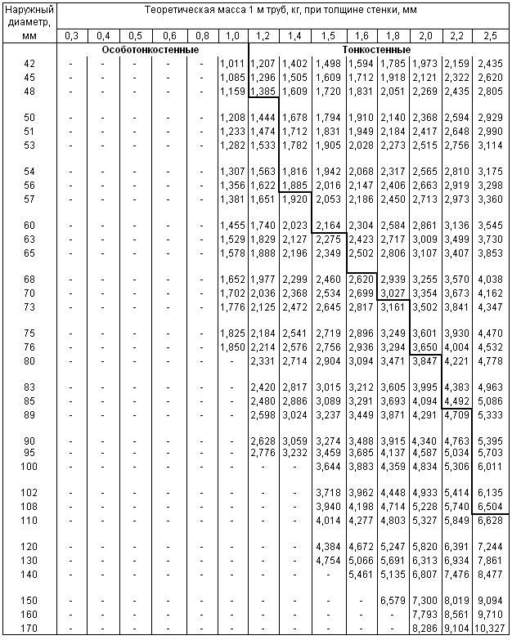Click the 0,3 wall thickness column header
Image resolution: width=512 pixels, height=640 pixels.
coord(72,36)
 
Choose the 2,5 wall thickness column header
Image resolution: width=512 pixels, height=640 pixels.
coord(491,36)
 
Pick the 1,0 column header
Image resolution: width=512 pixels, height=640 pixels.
coord(233,36)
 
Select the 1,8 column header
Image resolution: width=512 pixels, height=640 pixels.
coord(393,36)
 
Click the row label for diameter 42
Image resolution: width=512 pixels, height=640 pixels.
coord(29,63)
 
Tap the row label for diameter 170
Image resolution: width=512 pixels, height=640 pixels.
coord(29,628)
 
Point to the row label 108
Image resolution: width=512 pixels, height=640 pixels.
coord(29,507)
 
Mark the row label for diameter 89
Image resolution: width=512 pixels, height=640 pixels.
coord(29,414)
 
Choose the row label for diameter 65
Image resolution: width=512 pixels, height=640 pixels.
coord(29,253)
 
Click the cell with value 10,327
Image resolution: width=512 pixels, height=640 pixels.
coord(491,628)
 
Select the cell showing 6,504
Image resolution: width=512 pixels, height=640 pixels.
coord(491,507)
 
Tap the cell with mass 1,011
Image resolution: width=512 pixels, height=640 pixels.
coord(233,63)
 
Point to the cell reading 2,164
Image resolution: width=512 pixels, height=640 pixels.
coord(328,225)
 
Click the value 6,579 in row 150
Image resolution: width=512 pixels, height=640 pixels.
coord(393,600)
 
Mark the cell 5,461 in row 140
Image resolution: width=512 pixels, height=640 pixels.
coord(361,574)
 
